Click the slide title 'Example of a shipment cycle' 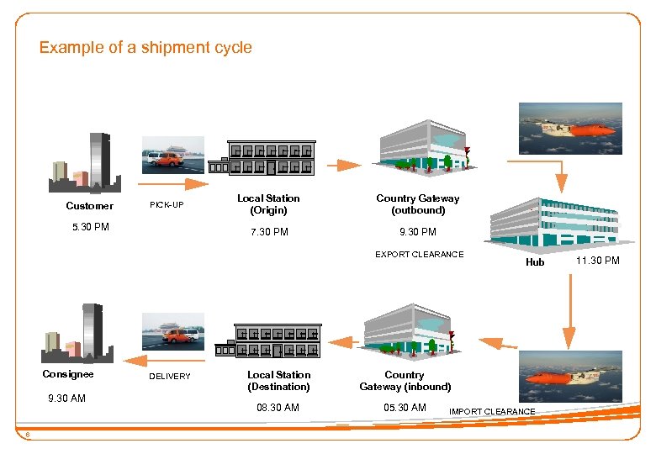point(145,48)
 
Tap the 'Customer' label point(89,206)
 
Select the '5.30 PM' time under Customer point(89,227)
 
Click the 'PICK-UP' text point(167,205)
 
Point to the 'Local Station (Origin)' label point(268,204)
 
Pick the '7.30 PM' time point(269,232)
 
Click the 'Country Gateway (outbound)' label point(418,204)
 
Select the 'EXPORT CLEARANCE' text point(419,254)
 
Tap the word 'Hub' point(535,262)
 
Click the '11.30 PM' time point(597,261)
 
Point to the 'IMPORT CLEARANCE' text point(492,411)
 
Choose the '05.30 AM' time point(405,408)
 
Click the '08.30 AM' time point(278,408)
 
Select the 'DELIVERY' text point(170,377)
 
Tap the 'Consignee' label point(68,374)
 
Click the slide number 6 point(28,435)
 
